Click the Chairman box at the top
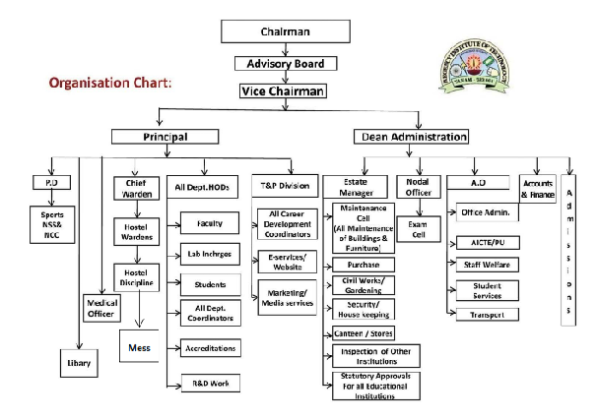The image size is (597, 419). point(285,31)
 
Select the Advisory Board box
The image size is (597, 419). point(285,64)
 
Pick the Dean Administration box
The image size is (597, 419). point(411,137)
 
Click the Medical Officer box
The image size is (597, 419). point(100,309)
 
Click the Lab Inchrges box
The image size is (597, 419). point(209,254)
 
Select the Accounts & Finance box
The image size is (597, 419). point(538,190)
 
